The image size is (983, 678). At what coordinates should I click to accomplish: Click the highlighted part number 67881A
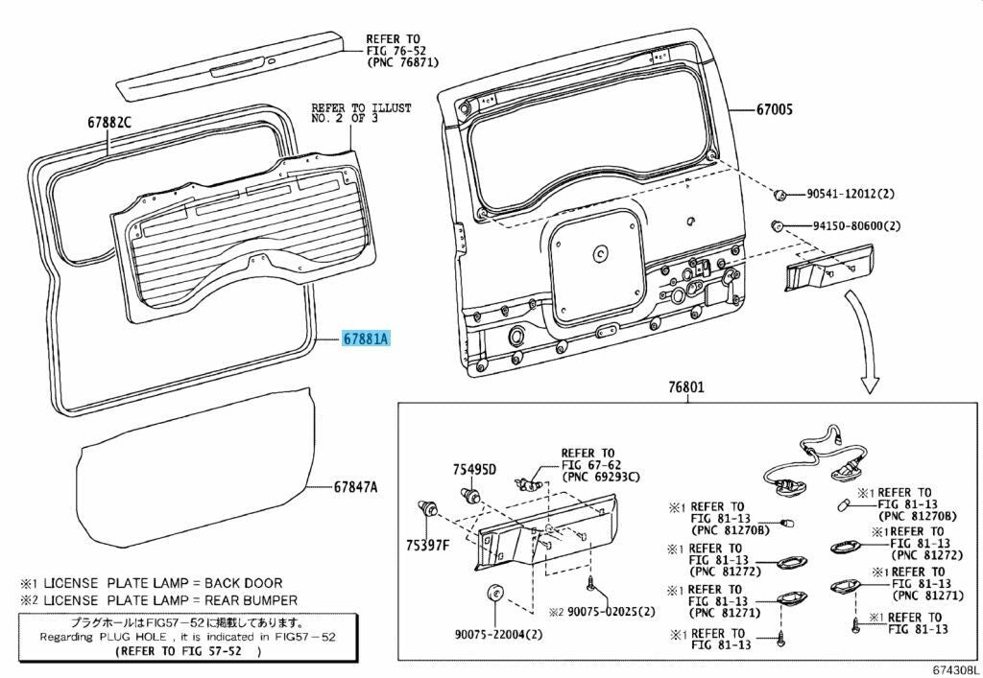[366, 339]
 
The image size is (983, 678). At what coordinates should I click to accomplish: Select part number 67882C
[109, 123]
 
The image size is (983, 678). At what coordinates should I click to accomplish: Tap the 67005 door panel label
[775, 109]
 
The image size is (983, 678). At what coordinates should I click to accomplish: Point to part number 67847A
[355, 486]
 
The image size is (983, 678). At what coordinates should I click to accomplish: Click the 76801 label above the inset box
[685, 387]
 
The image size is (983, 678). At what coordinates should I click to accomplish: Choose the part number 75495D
[474, 469]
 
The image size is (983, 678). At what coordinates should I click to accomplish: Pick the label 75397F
[427, 546]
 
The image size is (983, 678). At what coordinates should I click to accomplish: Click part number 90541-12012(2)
[851, 194]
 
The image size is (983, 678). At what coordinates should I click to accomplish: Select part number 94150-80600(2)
[857, 226]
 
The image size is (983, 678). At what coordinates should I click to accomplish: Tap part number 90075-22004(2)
[499, 634]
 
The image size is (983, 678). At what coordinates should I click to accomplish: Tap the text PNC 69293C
[601, 477]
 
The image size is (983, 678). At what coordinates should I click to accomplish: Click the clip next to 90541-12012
[780, 195]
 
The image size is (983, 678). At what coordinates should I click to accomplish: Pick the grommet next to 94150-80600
[776, 224]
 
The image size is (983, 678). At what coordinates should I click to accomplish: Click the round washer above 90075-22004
[496, 592]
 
